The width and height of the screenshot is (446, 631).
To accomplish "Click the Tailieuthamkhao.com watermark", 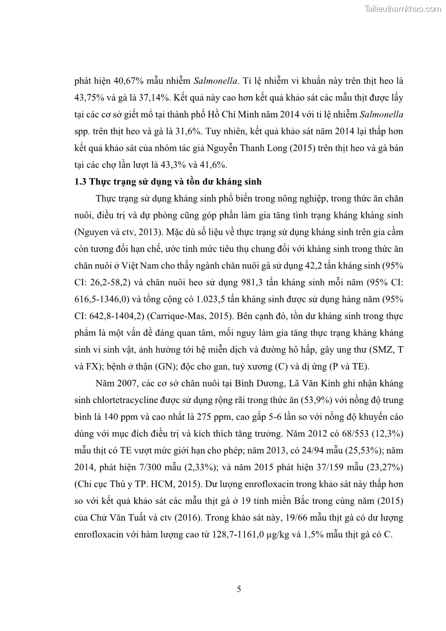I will [403, 8].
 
